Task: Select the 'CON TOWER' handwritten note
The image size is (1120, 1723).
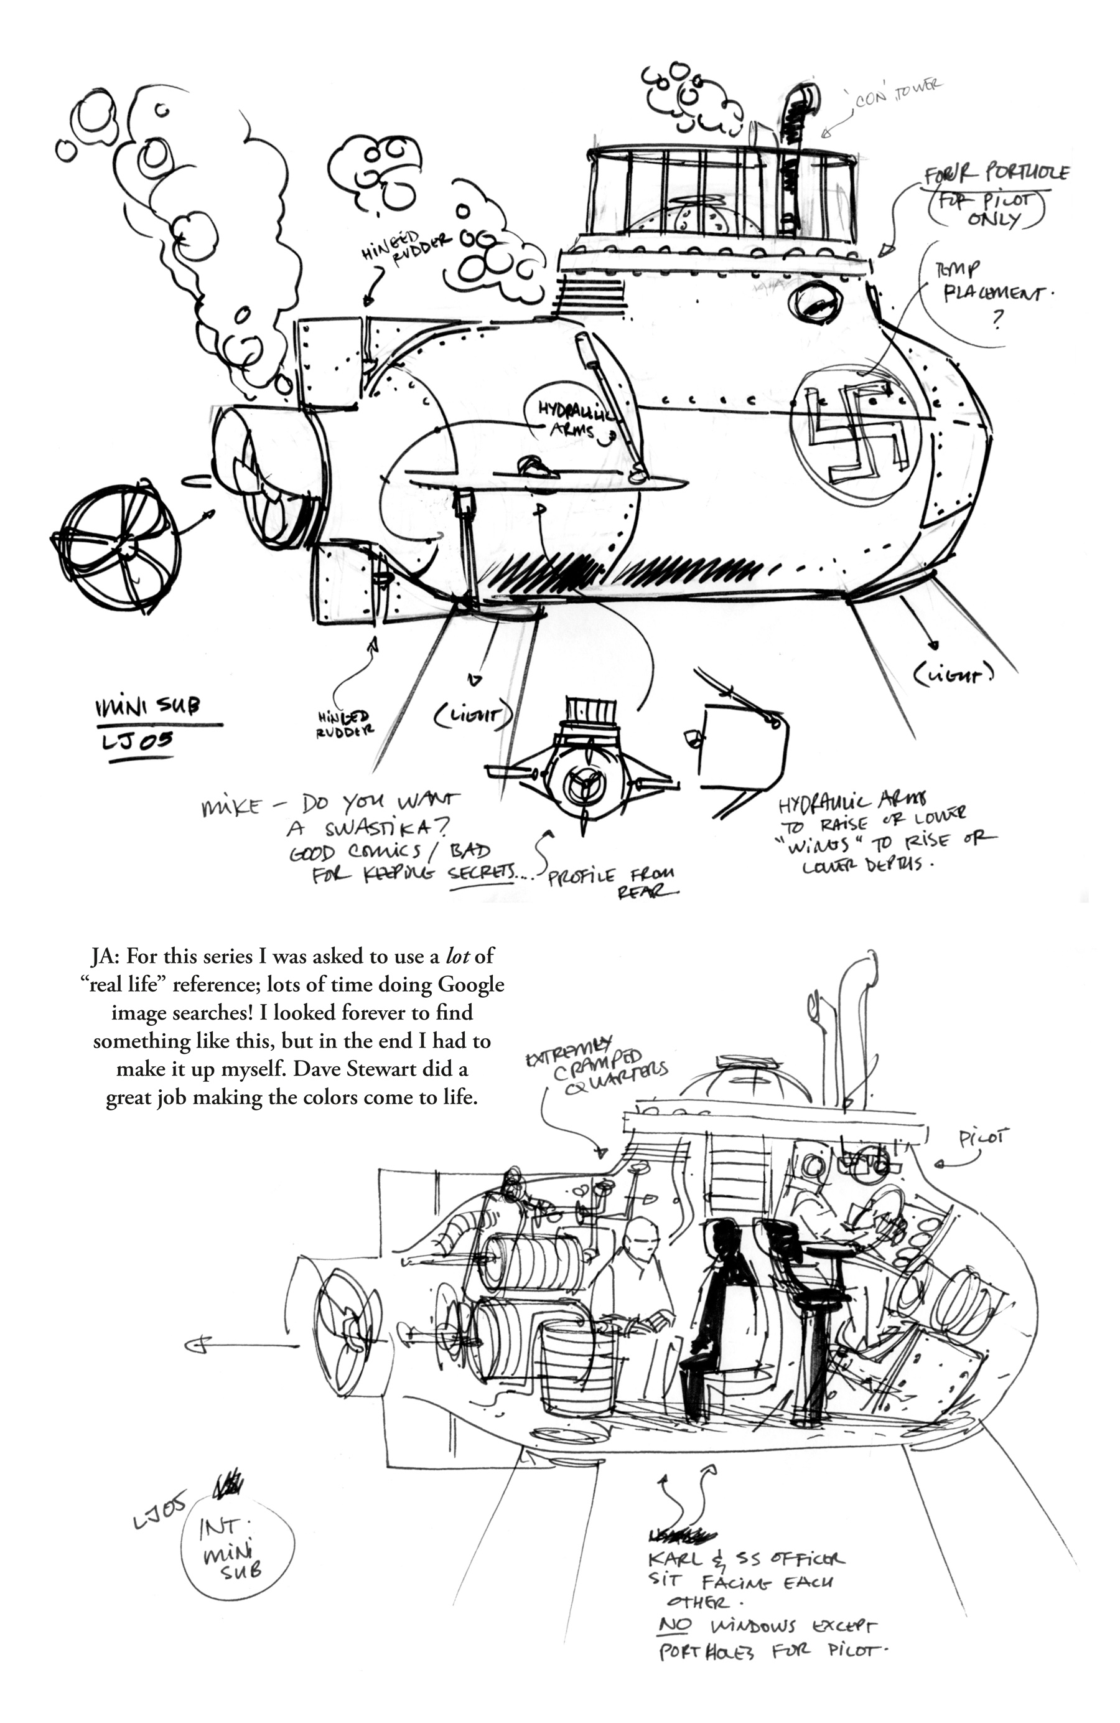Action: pyautogui.click(x=897, y=94)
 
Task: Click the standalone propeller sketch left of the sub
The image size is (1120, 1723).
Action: pyautogui.click(x=116, y=547)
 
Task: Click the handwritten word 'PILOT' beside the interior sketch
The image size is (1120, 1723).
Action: pyautogui.click(x=983, y=1138)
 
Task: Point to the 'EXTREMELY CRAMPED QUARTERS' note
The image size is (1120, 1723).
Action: pyautogui.click(x=597, y=1063)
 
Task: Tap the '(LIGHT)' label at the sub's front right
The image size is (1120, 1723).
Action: pyautogui.click(x=953, y=675)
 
